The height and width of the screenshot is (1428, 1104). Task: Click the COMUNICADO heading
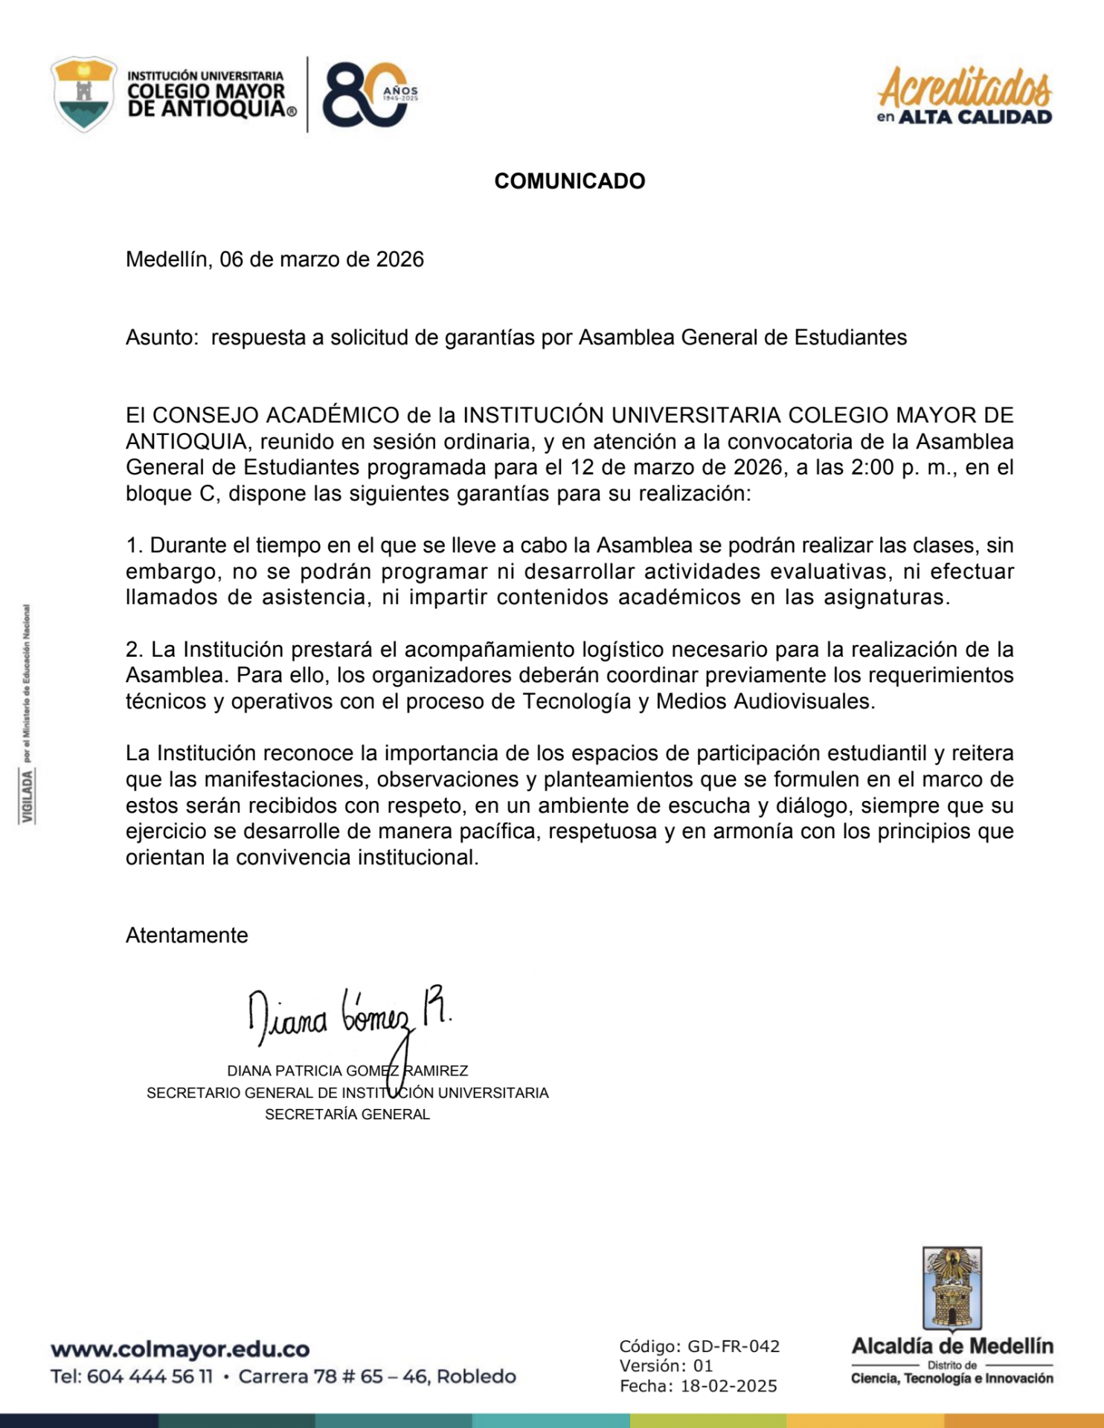569,181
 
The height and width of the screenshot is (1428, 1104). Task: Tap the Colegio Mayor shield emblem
83,94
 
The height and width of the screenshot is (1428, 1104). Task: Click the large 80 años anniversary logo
368,94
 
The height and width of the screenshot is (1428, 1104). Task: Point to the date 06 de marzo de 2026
321,260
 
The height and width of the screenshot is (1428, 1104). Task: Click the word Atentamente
187,936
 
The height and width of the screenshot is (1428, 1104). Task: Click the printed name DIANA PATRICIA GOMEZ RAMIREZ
347,1071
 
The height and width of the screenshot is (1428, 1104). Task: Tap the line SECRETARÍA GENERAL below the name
347,1114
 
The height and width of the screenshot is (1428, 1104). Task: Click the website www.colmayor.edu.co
180,1349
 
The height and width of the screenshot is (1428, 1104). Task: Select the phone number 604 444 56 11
150,1377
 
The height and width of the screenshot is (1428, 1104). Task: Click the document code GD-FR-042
734,1346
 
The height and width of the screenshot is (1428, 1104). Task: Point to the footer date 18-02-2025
729,1386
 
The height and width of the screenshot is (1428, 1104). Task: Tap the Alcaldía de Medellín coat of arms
952,1288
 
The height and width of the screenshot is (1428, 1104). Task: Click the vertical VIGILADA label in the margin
28,797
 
